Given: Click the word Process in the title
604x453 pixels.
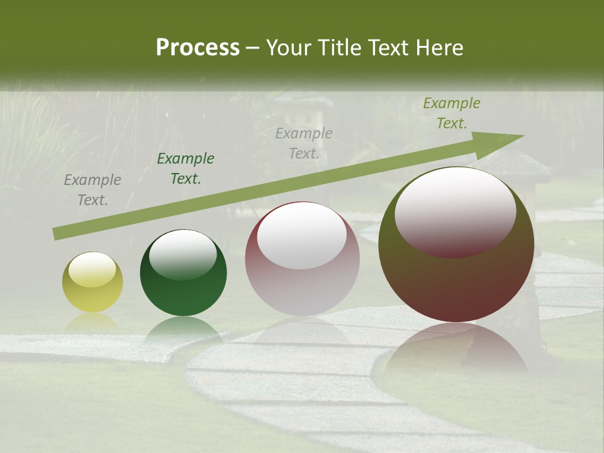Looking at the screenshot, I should (198, 48).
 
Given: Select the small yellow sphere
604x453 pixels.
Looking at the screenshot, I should (92, 282).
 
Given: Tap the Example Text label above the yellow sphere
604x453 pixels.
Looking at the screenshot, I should (92, 190).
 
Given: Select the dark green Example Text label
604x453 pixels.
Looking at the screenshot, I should (186, 169).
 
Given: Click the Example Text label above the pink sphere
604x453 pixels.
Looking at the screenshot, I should (304, 143).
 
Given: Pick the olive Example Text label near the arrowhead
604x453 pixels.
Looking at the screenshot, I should (452, 113).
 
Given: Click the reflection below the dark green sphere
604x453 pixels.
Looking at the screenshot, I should (183, 330).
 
